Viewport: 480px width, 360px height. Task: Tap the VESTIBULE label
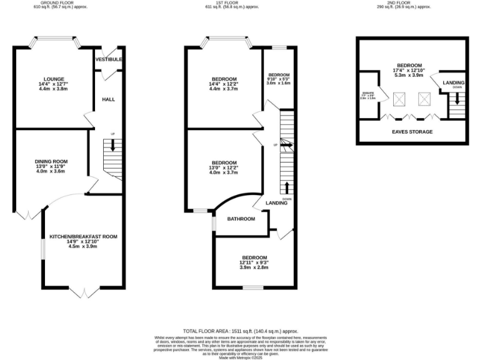(109, 59)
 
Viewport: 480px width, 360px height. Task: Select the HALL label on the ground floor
(109, 99)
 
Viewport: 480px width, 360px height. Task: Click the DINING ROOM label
(50, 161)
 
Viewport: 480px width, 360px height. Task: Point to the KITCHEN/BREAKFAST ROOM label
(83, 236)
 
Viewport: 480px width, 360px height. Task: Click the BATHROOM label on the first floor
(241, 219)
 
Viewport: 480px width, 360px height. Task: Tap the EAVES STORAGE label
(412, 132)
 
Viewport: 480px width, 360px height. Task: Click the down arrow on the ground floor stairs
(112, 145)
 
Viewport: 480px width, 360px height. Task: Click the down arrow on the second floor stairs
(457, 98)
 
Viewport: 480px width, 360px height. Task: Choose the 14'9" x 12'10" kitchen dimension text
(83, 242)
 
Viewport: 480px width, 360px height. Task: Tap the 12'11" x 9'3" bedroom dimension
(254, 262)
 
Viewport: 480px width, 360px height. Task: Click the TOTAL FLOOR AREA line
(240, 331)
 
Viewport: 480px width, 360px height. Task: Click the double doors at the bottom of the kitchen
(82, 291)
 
